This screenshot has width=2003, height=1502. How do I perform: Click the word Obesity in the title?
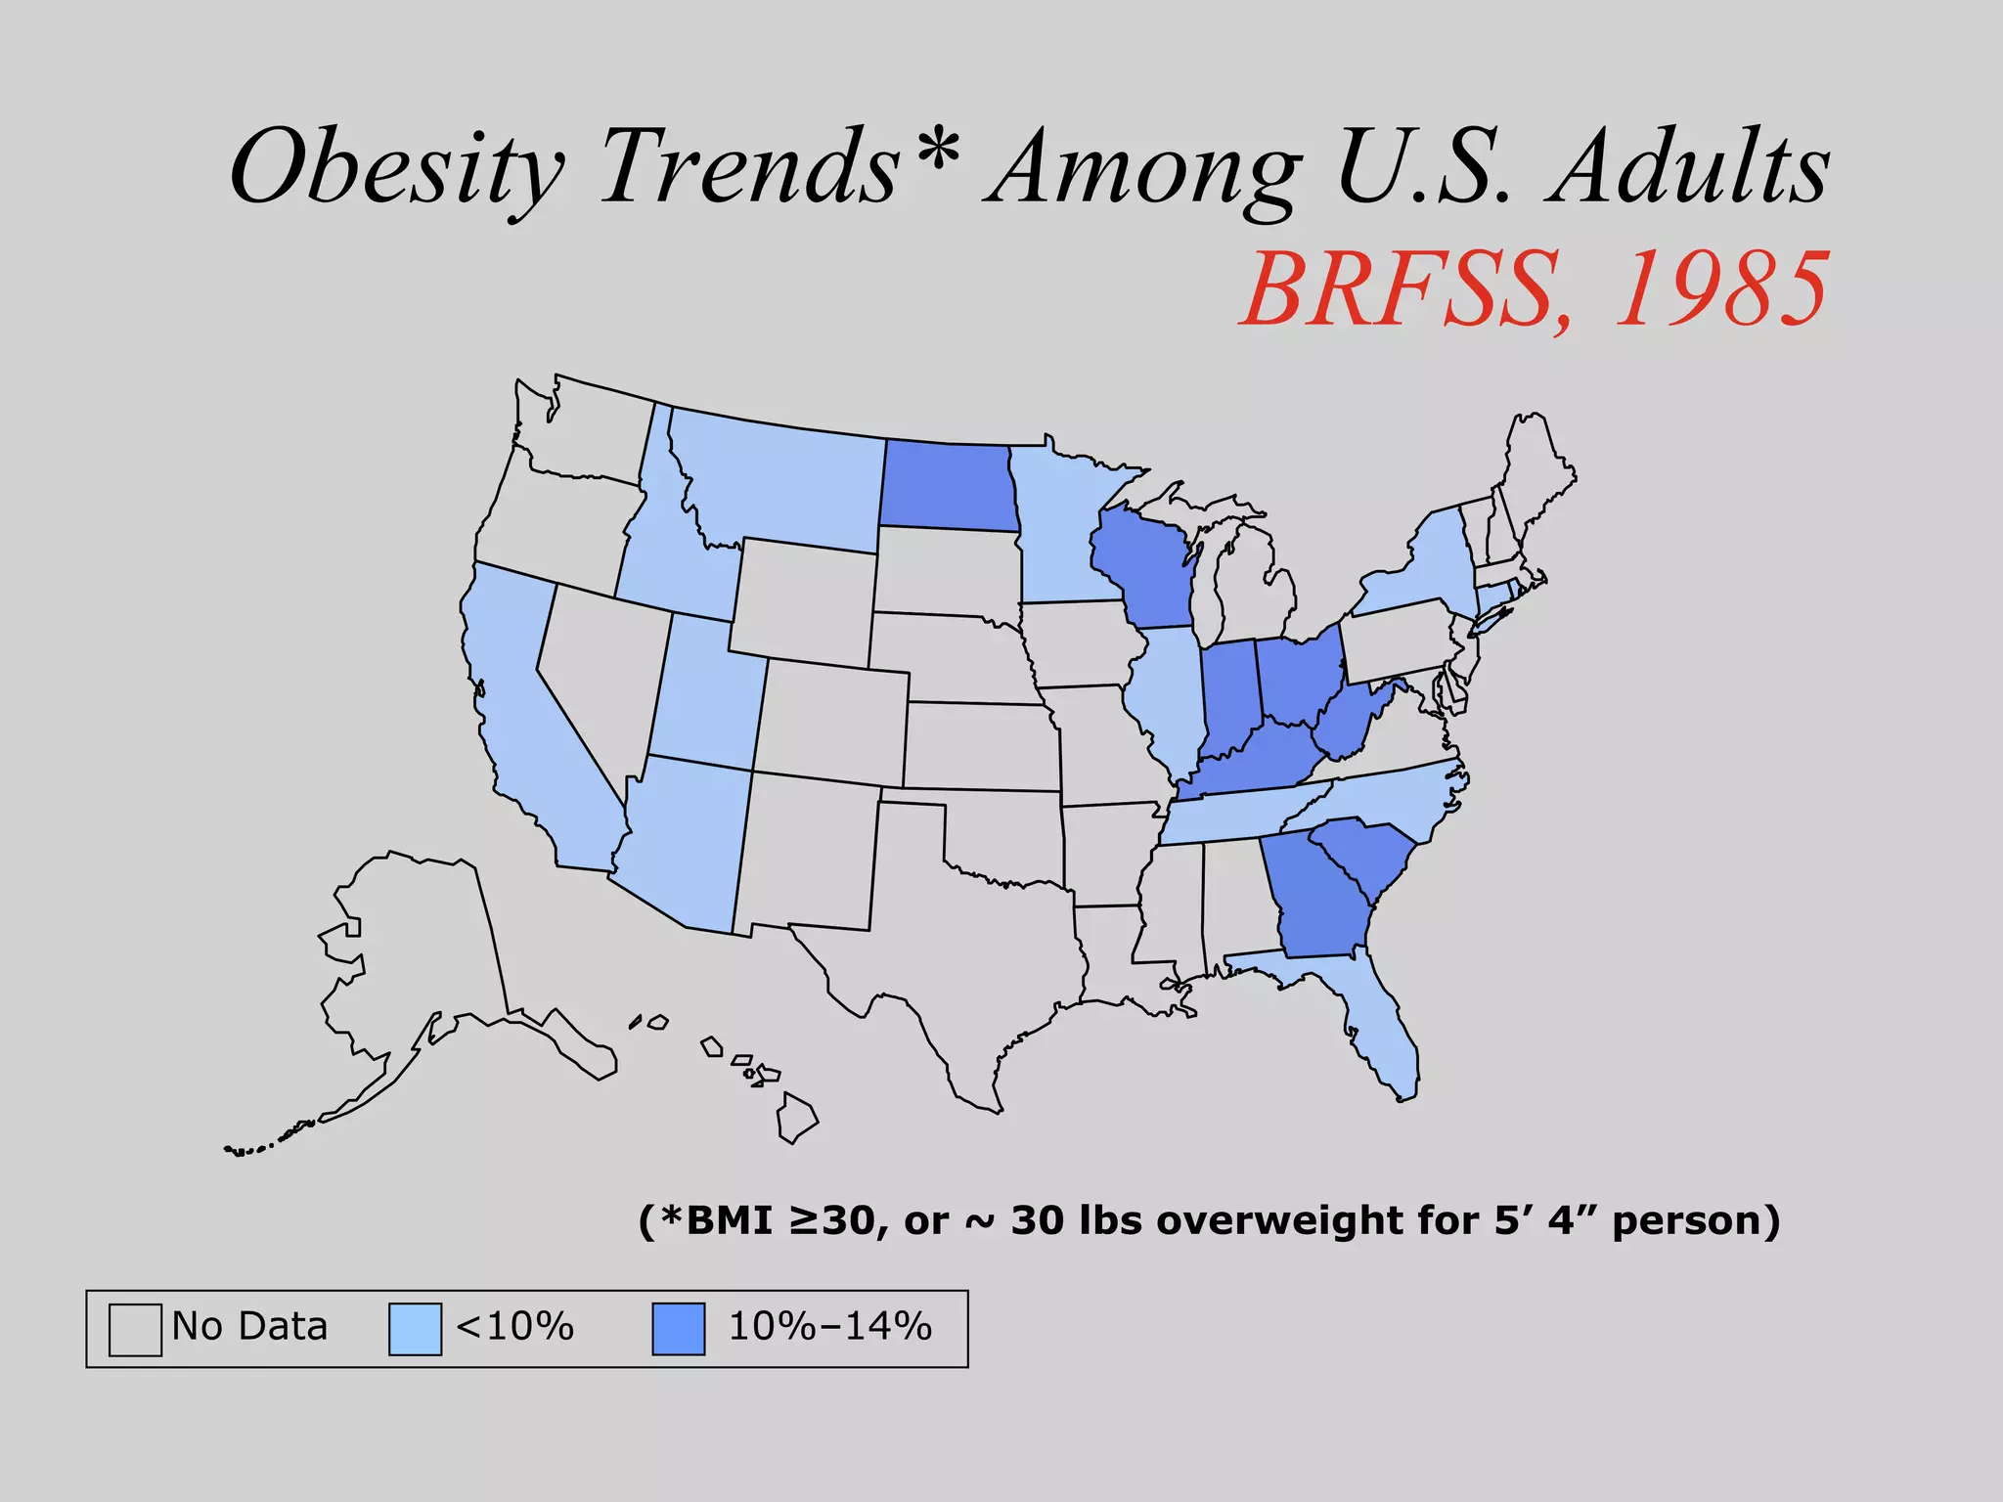pos(396,168)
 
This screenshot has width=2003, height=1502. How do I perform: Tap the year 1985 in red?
pos(1720,289)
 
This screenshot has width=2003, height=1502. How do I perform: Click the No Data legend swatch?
pos(135,1329)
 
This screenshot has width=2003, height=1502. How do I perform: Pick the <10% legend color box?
pos(415,1329)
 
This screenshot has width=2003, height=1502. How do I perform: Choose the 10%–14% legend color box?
pos(679,1329)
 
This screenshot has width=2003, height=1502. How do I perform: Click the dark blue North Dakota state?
pos(946,486)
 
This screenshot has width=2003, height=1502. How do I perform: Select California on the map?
pos(528,724)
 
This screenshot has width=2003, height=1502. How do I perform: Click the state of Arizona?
pos(685,841)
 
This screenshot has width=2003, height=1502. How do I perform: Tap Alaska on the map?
pos(421,958)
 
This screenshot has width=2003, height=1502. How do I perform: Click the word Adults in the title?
pos(1687,168)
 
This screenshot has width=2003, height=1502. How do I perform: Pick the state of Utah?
pos(704,694)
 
